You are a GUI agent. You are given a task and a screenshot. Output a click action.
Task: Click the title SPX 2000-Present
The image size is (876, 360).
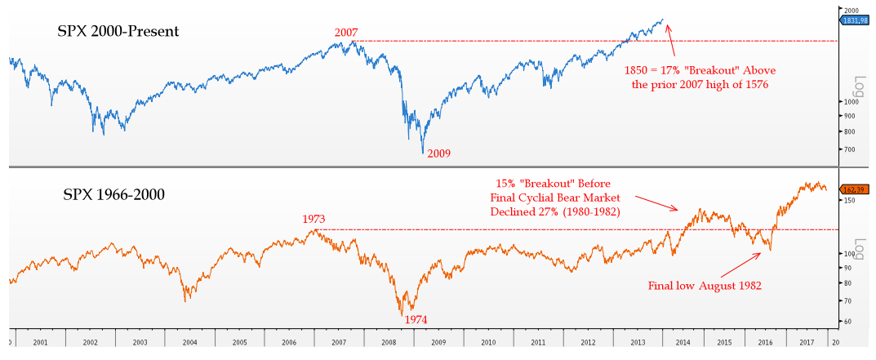coord(118,32)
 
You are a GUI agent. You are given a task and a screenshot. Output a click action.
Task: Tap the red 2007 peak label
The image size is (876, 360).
coord(347,33)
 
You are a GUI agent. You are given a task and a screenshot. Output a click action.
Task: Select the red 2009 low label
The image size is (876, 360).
coord(439,153)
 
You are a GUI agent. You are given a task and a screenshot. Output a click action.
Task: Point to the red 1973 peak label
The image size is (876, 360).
coord(314,220)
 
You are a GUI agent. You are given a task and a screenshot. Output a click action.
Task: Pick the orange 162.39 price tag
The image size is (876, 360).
coord(854,189)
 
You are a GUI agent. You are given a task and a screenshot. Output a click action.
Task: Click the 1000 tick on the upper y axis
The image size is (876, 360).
coord(850,102)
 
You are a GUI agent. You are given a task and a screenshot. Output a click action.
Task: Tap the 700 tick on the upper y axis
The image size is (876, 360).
coord(848,149)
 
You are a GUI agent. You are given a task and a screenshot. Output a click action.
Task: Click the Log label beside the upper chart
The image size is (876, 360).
coord(860,85)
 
